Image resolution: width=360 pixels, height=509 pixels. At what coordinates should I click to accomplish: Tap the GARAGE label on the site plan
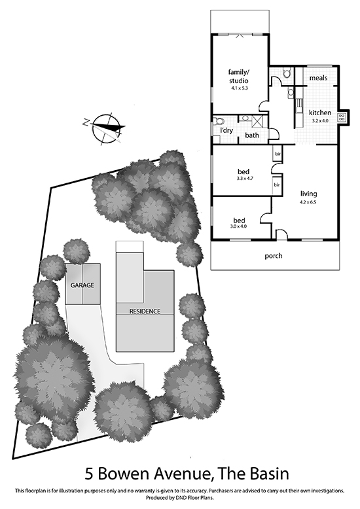pyautogui.click(x=82, y=285)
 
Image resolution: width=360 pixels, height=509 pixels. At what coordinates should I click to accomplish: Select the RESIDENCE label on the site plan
pyautogui.click(x=145, y=311)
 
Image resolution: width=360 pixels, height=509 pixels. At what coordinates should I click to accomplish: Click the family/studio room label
pyautogui.click(x=239, y=77)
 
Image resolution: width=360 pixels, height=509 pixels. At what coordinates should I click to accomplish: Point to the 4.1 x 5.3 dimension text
pyautogui.click(x=239, y=88)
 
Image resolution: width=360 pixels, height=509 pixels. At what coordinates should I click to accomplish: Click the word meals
pyautogui.click(x=318, y=78)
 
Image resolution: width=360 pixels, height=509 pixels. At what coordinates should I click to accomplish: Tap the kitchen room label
pyautogui.click(x=320, y=113)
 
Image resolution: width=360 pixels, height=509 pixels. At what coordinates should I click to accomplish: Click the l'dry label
pyautogui.click(x=226, y=130)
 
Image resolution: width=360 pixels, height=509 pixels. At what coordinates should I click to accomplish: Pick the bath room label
pyautogui.click(x=252, y=135)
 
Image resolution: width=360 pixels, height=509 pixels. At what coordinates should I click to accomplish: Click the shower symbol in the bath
pyautogui.click(x=259, y=122)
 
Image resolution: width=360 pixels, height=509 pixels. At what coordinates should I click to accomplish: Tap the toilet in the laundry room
pyautogui.click(x=219, y=121)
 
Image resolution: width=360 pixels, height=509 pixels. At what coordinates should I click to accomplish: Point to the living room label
pyautogui.click(x=308, y=194)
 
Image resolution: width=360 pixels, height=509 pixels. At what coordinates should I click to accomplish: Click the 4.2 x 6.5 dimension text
pyautogui.click(x=308, y=202)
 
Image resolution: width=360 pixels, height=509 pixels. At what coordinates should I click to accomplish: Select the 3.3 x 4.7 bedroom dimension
pyautogui.click(x=243, y=178)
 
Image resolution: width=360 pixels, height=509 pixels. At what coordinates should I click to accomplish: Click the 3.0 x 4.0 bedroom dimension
pyautogui.click(x=238, y=226)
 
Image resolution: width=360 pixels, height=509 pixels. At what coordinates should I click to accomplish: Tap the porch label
pyautogui.click(x=273, y=256)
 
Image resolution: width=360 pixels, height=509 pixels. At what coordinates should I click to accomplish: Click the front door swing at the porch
pyautogui.click(x=281, y=234)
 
